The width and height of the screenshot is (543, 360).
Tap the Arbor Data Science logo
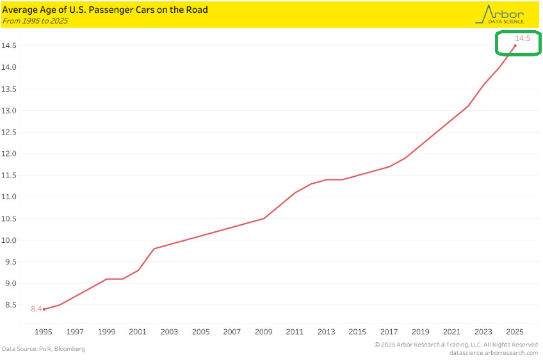click(500, 14)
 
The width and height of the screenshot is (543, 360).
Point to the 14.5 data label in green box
click(523, 39)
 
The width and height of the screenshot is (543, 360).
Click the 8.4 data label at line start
click(36, 309)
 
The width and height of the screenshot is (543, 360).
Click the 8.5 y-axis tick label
click(10, 305)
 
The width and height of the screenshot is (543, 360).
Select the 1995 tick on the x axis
click(44, 332)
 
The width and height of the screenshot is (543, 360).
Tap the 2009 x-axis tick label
click(264, 332)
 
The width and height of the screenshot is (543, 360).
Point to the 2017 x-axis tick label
click(389, 332)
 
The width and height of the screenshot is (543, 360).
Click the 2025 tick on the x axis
click(515, 332)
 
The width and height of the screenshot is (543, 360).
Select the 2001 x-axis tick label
click(138, 332)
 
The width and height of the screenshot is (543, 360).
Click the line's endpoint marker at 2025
click(515, 45)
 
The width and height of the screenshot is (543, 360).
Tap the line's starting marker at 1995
click(44, 309)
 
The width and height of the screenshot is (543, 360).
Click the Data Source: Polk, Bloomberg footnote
click(43, 349)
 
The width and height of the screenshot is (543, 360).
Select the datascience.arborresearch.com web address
click(494, 353)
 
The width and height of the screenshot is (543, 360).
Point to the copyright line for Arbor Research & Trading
click(456, 345)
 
